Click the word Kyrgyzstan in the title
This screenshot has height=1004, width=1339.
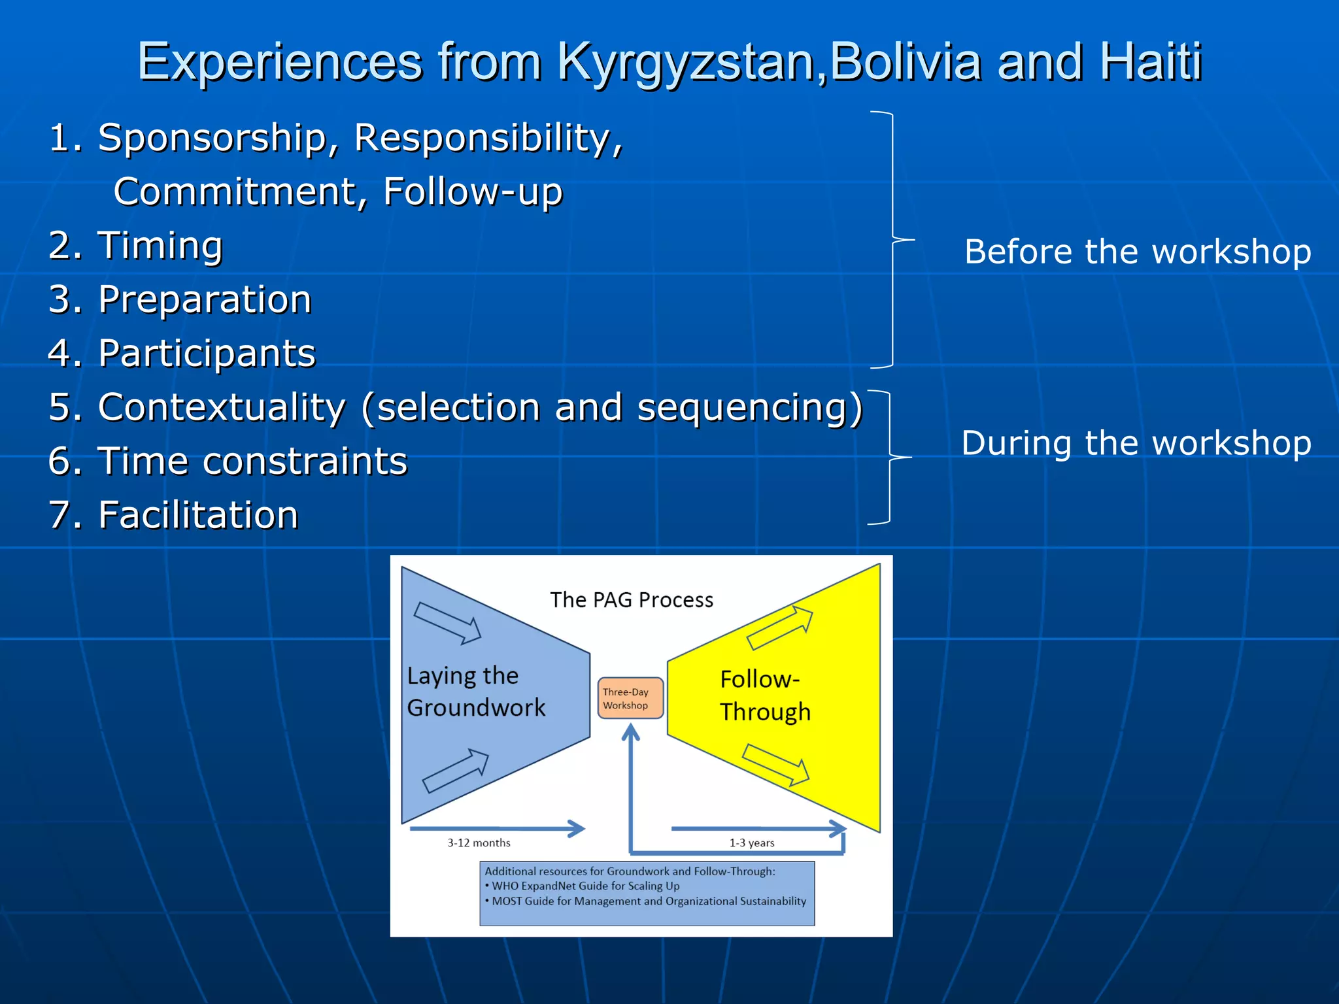tap(686, 63)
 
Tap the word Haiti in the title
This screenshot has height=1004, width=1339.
tap(1151, 61)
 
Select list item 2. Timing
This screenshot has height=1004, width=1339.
tap(136, 246)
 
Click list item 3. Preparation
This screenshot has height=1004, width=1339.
tap(180, 299)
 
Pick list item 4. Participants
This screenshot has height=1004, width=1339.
tap(182, 354)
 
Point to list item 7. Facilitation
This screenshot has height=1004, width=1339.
tap(174, 514)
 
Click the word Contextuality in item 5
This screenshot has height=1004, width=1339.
tap(222, 407)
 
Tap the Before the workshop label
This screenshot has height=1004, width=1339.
tap(1138, 252)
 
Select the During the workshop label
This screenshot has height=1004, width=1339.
tap(1136, 443)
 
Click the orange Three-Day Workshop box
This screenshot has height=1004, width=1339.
tap(630, 698)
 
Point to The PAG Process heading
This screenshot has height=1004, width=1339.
tap(632, 599)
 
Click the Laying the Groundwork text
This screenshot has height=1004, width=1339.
tap(475, 692)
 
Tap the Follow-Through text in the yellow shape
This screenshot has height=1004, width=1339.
tap(764, 695)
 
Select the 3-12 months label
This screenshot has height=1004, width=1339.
tap(479, 843)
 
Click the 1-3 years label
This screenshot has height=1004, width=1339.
tap(752, 843)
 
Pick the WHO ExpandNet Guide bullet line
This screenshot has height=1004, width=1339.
tap(585, 886)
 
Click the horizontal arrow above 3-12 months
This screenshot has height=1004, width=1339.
tap(497, 828)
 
